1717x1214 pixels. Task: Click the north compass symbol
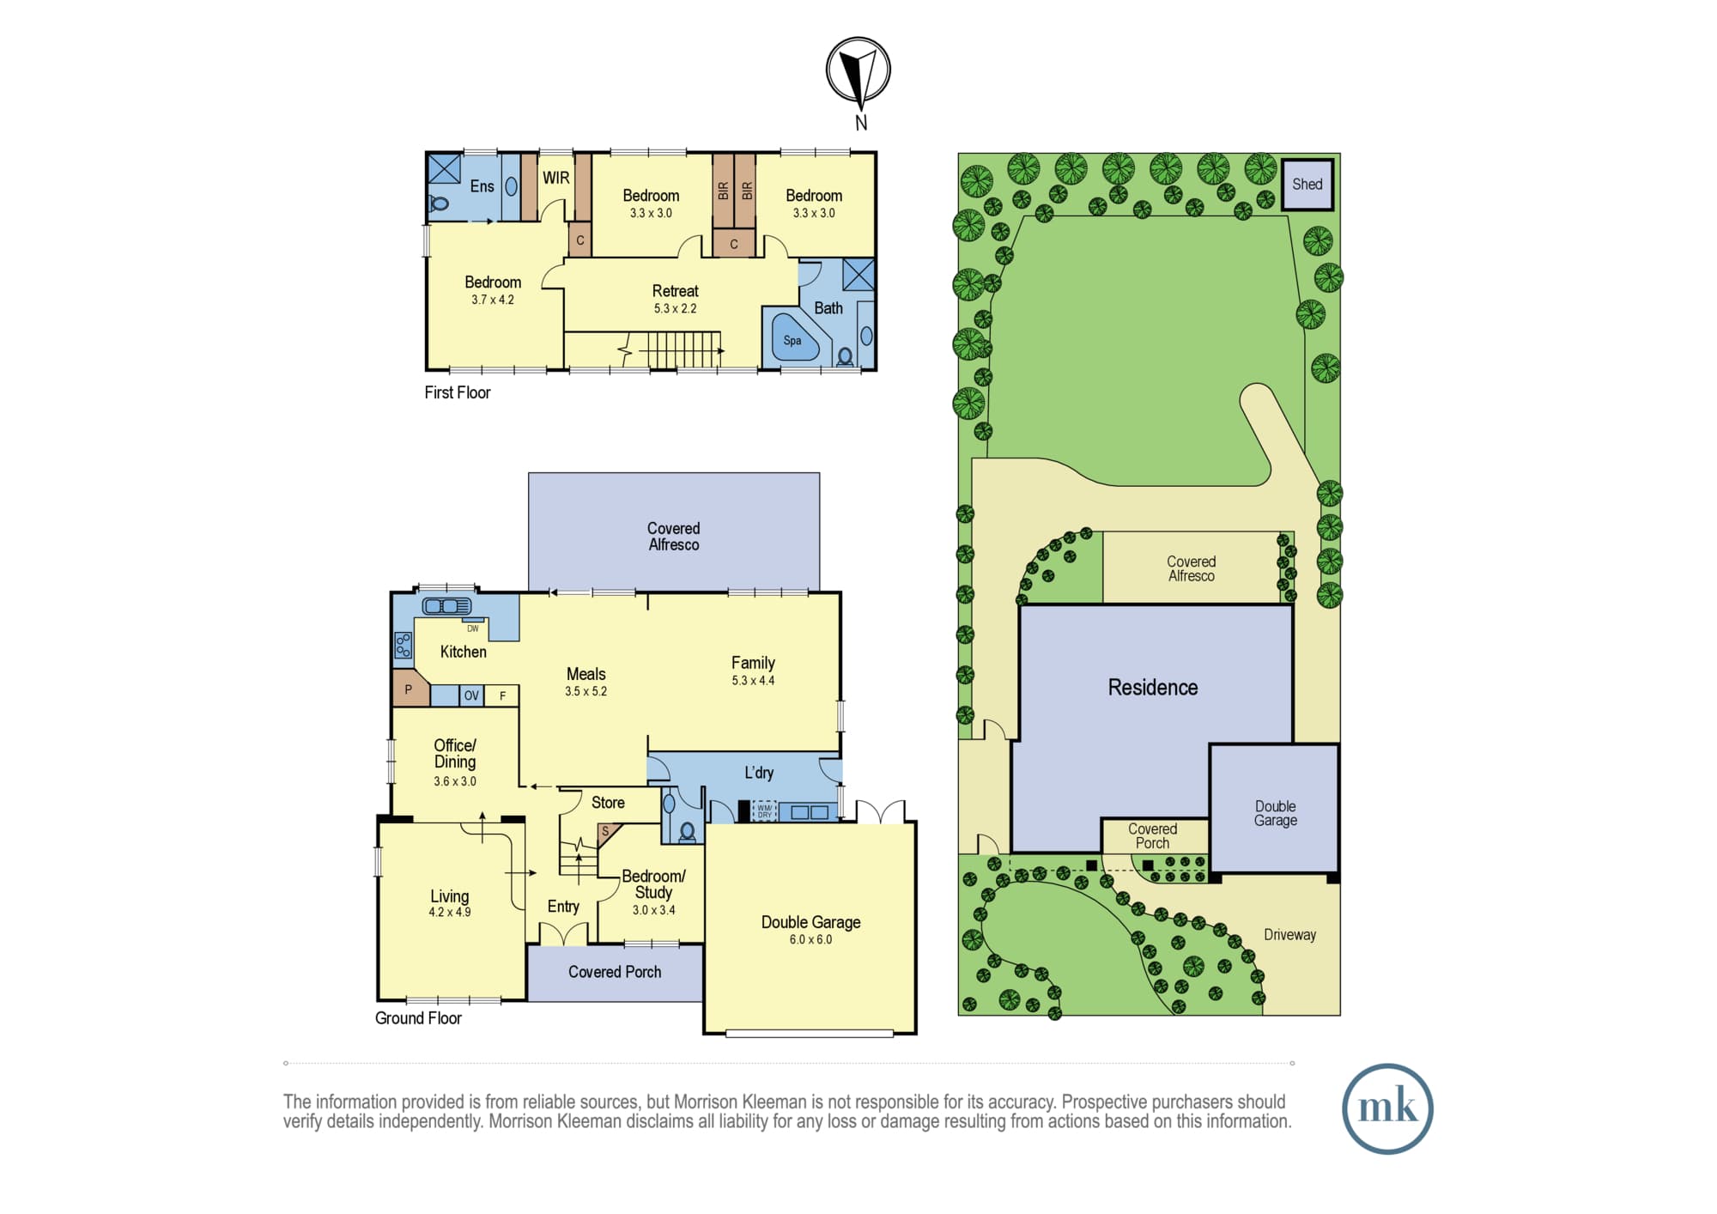click(858, 70)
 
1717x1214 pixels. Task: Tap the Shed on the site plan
click(1307, 184)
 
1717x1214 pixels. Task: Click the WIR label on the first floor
click(555, 178)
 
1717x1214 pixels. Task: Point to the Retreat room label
click(675, 291)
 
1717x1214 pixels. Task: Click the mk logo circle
click(1387, 1108)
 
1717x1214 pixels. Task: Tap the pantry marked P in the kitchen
click(410, 688)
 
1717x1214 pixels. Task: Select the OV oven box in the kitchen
click(471, 695)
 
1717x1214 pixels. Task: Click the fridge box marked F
click(502, 695)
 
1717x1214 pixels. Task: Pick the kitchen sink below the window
click(446, 606)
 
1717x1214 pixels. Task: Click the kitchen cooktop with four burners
click(403, 646)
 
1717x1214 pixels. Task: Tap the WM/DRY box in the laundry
click(764, 811)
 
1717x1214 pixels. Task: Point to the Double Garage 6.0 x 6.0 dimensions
click(810, 939)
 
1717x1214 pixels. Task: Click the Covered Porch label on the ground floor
click(615, 972)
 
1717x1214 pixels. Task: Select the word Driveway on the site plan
click(1289, 935)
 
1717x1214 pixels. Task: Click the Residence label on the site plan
click(1152, 688)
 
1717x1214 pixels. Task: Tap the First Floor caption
click(458, 392)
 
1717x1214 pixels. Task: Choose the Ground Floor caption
click(418, 1018)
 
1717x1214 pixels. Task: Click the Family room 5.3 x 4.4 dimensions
click(753, 681)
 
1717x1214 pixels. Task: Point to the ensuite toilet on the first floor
click(439, 203)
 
